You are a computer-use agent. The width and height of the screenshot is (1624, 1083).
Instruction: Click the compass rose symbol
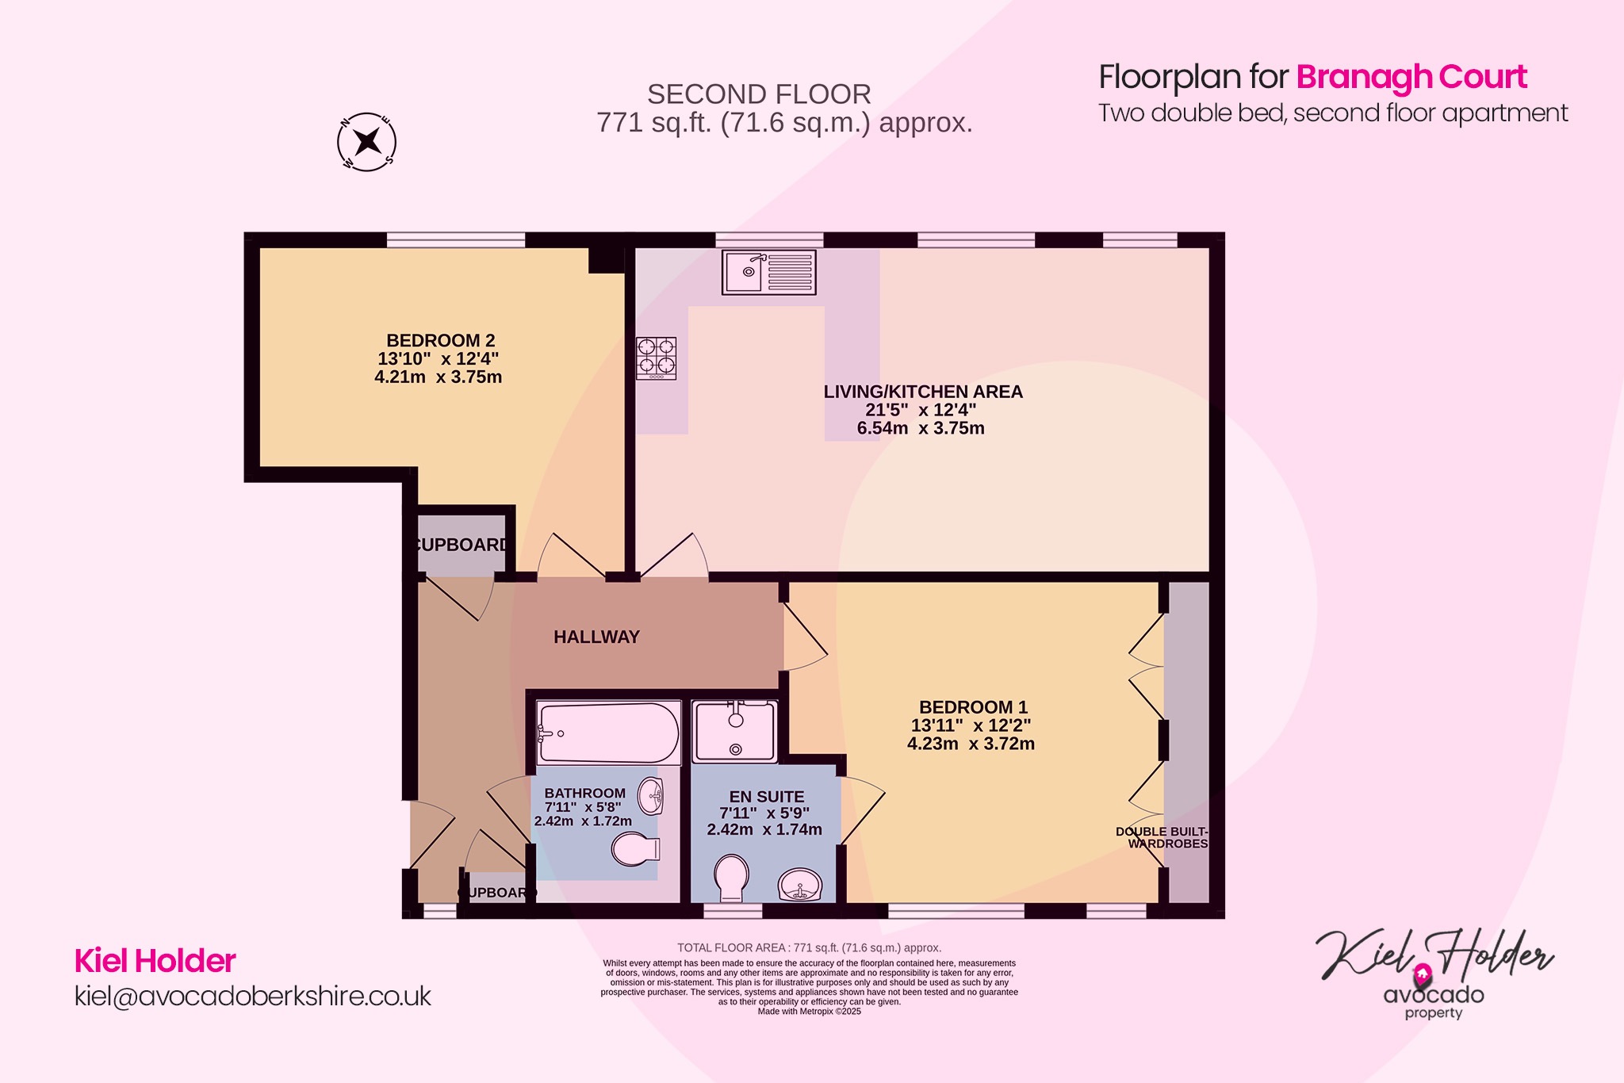point(366,143)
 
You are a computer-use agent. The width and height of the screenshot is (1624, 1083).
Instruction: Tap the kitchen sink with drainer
point(768,272)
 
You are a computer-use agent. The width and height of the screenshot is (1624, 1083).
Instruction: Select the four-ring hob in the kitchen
point(657,358)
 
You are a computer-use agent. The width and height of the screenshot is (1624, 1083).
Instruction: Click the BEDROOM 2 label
point(440,341)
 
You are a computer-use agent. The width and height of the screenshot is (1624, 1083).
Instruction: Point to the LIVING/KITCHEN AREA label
point(922,392)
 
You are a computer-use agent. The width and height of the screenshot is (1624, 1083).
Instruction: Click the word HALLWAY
point(596,637)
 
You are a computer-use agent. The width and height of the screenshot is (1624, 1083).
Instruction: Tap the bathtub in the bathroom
point(608,733)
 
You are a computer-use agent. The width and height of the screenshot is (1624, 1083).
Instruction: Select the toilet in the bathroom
point(635,849)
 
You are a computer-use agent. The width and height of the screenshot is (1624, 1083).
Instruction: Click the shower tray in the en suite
point(734,731)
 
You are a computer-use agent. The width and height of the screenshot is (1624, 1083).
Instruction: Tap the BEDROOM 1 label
point(973,707)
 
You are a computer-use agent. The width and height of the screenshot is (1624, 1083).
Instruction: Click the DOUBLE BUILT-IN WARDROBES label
point(1162,838)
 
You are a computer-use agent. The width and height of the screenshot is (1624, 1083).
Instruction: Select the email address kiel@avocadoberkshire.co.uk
point(252,997)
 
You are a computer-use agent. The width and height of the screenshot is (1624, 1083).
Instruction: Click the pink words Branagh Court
point(1411,78)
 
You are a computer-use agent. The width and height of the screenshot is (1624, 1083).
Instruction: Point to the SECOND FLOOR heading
point(759,95)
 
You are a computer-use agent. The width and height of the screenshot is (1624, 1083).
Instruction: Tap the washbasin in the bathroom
point(652,795)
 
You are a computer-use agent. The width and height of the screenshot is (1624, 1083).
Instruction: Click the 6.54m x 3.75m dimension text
point(920,429)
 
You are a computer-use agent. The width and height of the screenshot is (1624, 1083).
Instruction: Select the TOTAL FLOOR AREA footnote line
point(809,947)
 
